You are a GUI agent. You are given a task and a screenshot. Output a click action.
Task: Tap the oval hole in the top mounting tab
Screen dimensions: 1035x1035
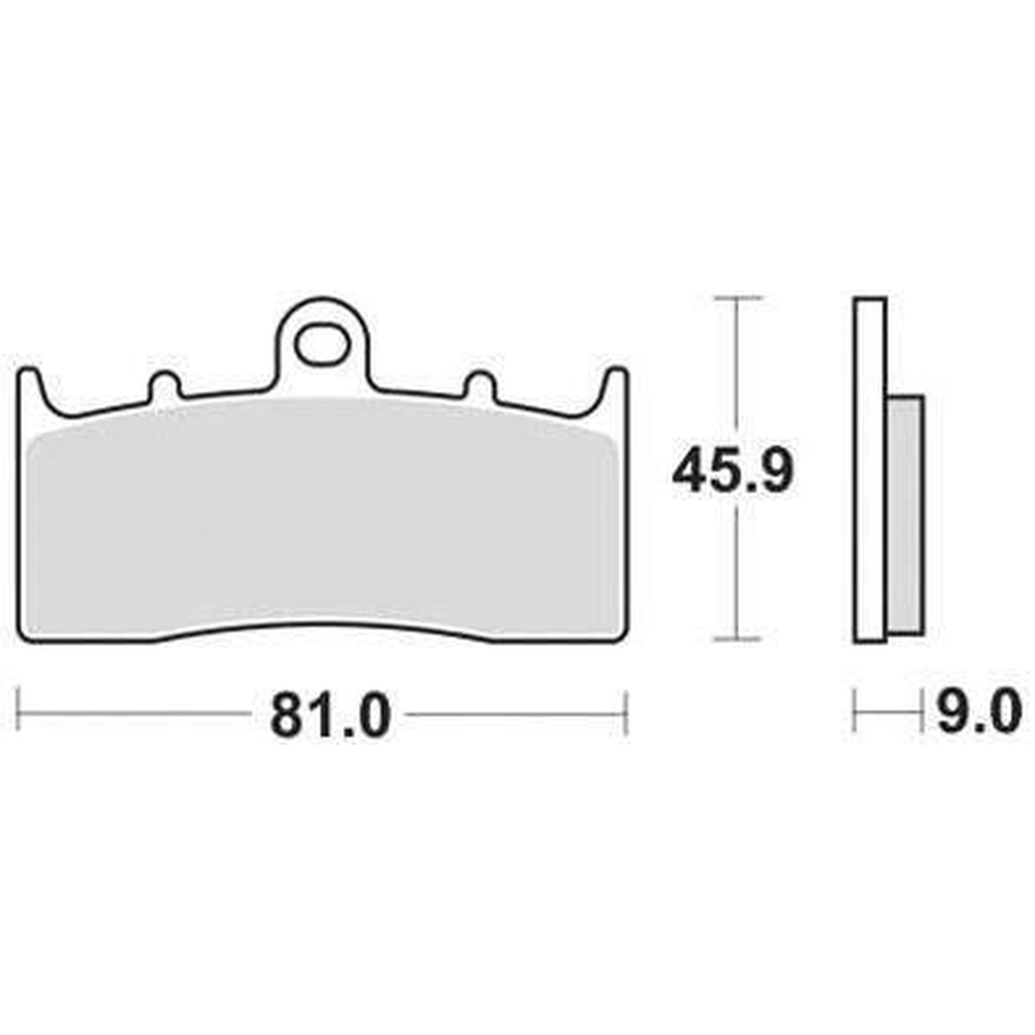(321, 346)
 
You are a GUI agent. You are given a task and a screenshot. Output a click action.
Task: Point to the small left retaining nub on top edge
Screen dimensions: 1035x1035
(165, 384)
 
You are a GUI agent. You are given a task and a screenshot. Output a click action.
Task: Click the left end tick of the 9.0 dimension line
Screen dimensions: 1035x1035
(855, 712)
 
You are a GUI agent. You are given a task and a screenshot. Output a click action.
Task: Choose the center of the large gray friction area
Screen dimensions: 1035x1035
(321, 509)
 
